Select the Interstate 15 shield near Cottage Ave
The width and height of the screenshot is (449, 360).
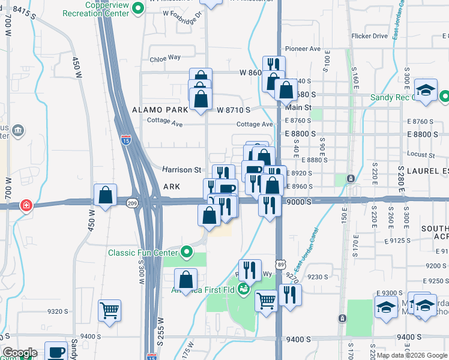[125, 140]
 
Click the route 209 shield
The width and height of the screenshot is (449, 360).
[132, 203]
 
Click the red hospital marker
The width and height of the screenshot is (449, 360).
[26, 206]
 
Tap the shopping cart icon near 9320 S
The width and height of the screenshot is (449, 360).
[109, 311]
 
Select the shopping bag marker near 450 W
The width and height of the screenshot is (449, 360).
[106, 195]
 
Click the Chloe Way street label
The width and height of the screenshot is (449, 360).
[165, 58]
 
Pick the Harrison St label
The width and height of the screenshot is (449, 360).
[181, 170]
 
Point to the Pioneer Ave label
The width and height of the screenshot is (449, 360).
[304, 49]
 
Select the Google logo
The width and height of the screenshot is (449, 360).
[19, 353]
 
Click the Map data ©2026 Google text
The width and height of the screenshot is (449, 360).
[412, 355]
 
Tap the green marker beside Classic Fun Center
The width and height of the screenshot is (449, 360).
[186, 252]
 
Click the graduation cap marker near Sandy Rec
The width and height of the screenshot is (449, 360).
[426, 89]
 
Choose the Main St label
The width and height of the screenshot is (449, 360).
[298, 107]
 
